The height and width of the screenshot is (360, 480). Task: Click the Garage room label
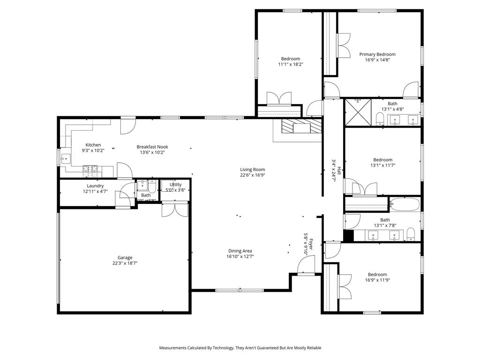click(x=125, y=257)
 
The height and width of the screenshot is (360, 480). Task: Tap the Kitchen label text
click(x=93, y=145)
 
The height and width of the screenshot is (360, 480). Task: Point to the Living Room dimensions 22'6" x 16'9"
click(x=253, y=175)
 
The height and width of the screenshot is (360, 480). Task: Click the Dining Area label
click(x=240, y=251)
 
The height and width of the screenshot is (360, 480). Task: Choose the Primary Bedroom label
click(x=377, y=54)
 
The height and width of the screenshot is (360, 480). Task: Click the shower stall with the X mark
click(x=358, y=112)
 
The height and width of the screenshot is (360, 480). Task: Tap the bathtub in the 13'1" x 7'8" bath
click(x=404, y=204)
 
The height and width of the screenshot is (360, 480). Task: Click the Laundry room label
click(x=95, y=186)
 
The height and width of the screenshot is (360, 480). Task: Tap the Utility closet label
click(x=175, y=185)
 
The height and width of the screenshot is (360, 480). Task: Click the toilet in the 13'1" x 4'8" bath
click(x=380, y=118)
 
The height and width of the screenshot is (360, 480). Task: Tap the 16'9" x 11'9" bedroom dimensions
click(x=377, y=280)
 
